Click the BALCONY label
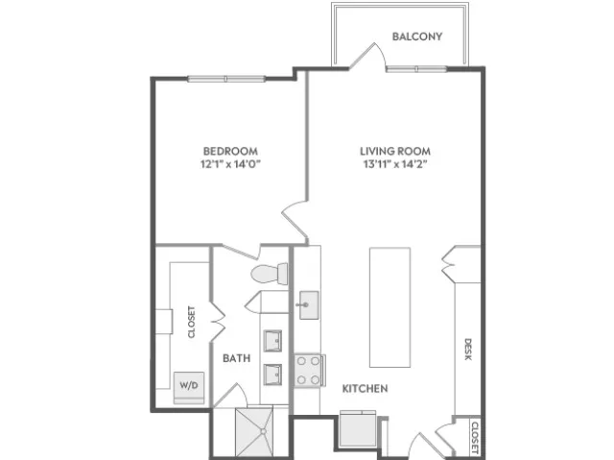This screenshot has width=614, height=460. (417, 36)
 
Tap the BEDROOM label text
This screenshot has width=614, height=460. (230, 151)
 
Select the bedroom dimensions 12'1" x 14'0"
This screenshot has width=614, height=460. (230, 164)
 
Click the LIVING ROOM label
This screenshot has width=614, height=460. (395, 151)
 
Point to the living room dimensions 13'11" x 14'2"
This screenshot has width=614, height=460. (395, 164)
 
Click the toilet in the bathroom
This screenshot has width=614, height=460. (270, 274)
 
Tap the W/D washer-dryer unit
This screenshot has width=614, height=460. (189, 388)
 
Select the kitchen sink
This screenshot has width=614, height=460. (309, 304)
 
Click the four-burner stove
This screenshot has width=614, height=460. (310, 371)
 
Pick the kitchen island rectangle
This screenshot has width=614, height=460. (390, 307)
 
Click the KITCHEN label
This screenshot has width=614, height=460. (365, 388)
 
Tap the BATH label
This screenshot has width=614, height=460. (237, 358)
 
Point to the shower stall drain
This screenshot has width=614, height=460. (263, 431)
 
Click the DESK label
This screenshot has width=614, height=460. (468, 350)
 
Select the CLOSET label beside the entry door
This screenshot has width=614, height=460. (475, 438)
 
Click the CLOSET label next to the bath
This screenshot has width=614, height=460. (191, 322)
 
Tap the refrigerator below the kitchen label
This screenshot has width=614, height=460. (358, 429)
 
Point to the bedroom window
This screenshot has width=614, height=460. (226, 79)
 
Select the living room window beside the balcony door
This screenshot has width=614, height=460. (416, 69)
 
